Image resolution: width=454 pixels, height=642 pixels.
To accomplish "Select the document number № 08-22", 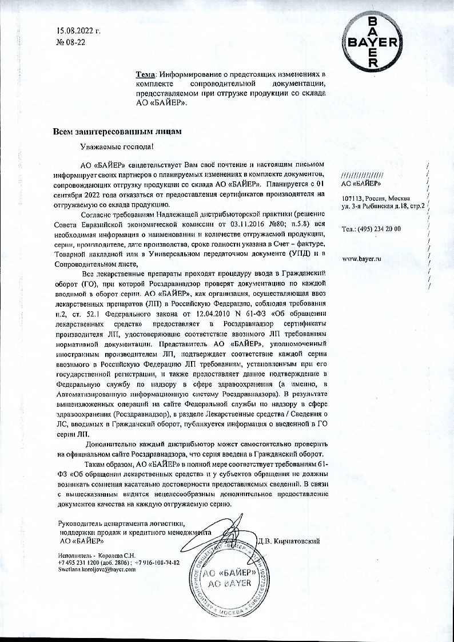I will click(71, 42).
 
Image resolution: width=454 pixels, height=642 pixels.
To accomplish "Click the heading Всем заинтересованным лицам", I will click(117, 131).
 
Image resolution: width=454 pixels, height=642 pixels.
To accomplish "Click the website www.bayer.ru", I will click(361, 259).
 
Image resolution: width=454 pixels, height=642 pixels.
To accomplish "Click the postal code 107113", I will click(351, 198).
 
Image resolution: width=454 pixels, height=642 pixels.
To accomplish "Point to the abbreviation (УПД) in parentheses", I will click(298, 253).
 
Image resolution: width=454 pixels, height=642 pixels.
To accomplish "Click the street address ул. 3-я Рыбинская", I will click(366, 205).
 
